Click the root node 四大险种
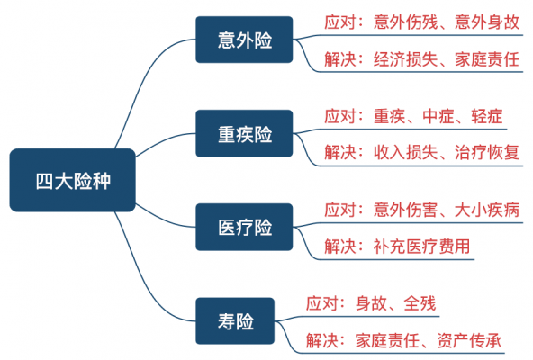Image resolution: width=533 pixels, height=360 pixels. coord(72,180)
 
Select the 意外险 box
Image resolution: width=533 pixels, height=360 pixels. coord(244,40)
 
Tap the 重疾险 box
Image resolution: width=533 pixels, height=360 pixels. coord(244,133)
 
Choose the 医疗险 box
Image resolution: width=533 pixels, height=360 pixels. coord(244,227)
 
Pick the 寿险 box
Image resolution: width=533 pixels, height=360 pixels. coord(235,321)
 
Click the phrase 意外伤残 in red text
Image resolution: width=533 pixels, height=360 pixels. coord(405,22)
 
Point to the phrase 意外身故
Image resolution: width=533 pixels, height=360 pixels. coord(487,22)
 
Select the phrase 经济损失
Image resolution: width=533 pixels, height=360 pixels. coord(405,59)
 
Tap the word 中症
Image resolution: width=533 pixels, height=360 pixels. coord(438,116)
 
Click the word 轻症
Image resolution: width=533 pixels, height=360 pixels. coord(487,116)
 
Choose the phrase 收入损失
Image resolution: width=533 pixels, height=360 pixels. coord(405,152)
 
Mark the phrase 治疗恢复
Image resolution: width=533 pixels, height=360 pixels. coord(487,152)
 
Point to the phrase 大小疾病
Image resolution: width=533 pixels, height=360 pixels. coord(487,210)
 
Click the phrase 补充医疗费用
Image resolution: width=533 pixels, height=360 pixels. coord(421,246)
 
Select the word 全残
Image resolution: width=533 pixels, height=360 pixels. coord(420,303)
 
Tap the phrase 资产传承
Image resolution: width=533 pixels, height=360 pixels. coord(469,340)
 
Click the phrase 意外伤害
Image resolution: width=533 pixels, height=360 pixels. coord(405,210)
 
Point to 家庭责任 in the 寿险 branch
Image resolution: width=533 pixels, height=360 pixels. coord(387,340)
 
